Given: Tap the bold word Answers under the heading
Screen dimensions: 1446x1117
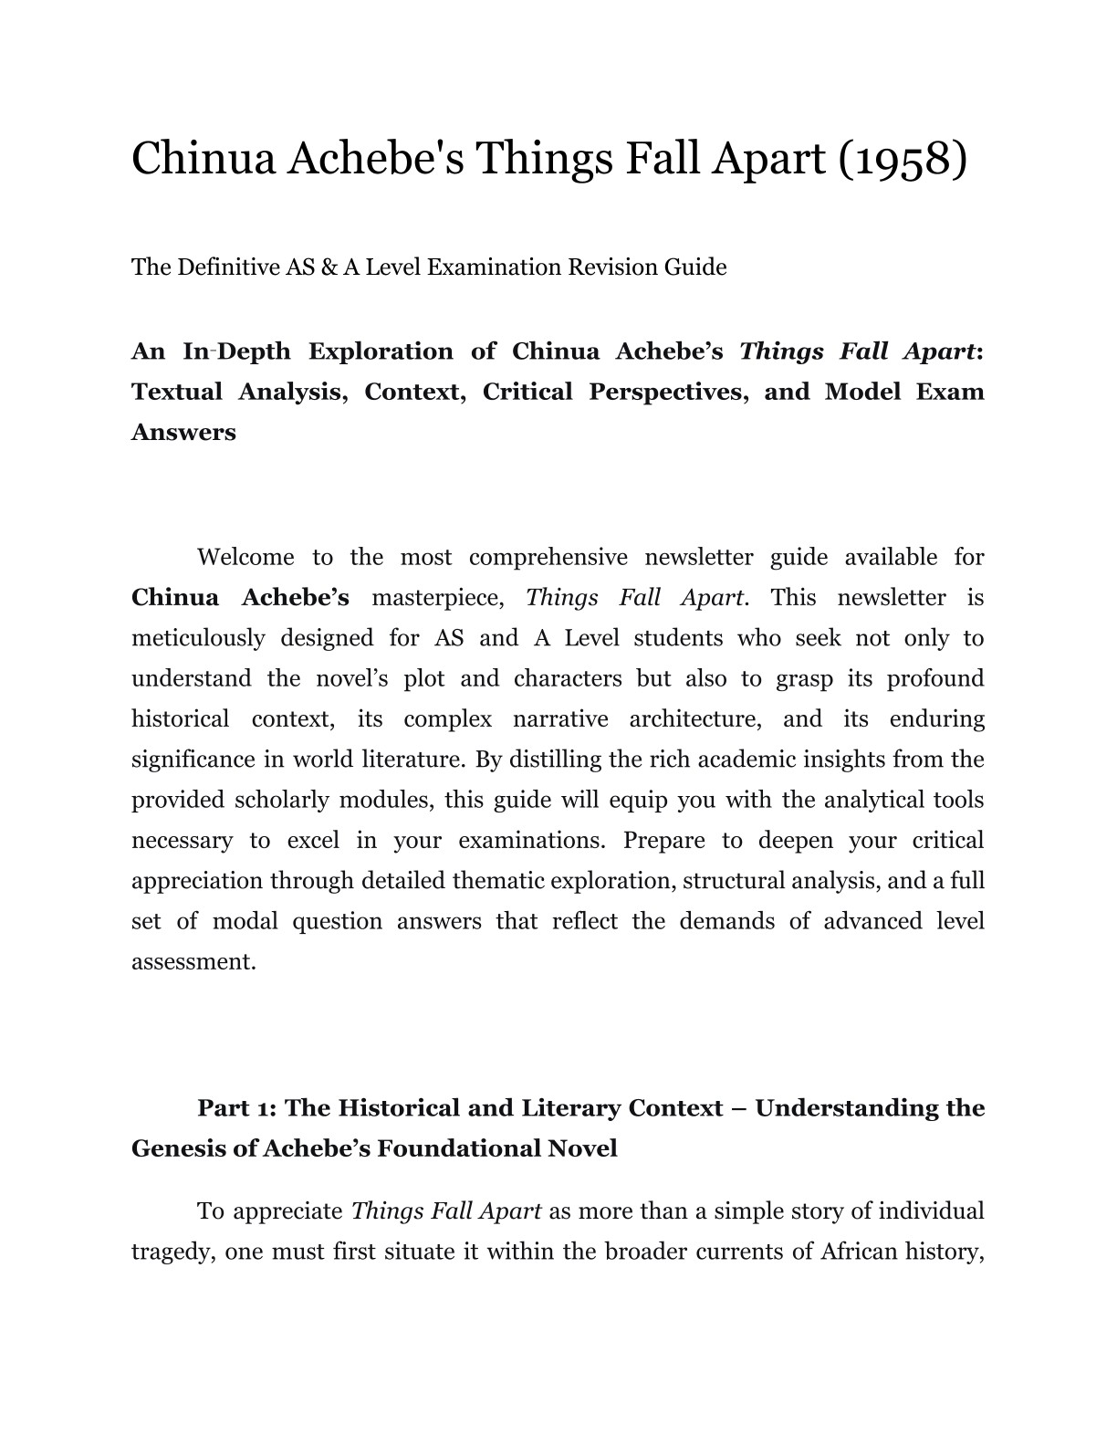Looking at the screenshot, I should click(x=183, y=432).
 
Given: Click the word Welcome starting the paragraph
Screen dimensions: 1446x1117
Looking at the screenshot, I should click(x=245, y=557).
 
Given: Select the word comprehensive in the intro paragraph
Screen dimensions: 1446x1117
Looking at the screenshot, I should click(x=548, y=557).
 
